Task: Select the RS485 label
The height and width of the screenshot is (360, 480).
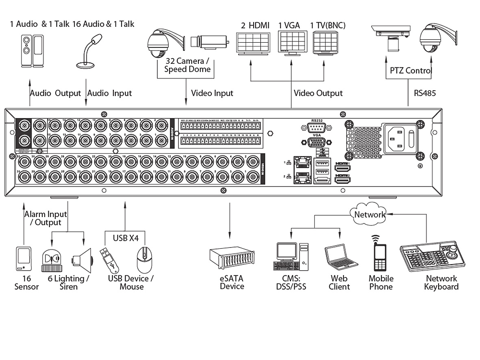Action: pos(425,93)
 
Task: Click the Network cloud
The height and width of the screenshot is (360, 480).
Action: pos(369,214)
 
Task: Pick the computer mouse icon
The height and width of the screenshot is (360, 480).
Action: pos(144,260)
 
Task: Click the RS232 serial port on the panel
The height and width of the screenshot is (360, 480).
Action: pos(316,128)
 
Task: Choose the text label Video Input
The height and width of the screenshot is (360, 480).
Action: pos(212,93)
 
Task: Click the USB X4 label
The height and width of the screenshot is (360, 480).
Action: pos(125,237)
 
